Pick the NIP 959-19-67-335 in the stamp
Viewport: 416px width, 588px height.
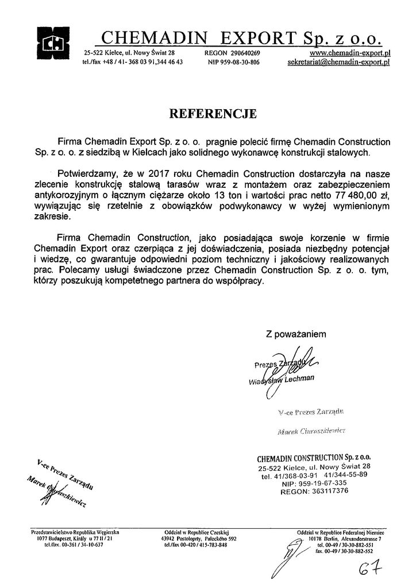(x=321, y=483)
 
